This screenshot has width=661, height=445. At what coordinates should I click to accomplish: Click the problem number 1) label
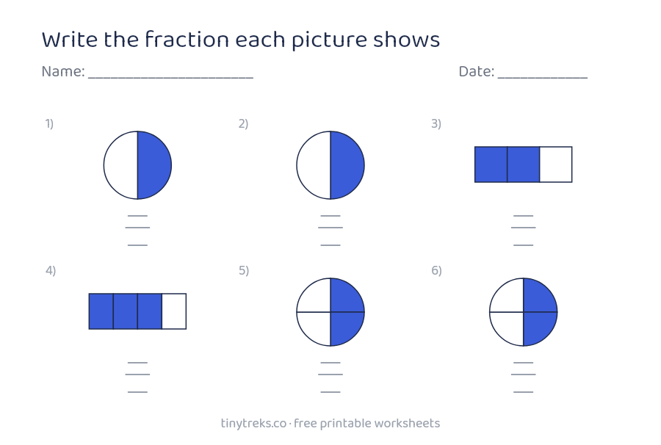[49, 123]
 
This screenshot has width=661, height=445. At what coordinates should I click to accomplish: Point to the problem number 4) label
[51, 270]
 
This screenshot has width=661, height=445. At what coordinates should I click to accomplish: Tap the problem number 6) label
[436, 270]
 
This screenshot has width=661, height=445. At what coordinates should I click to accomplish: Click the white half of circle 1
[120, 165]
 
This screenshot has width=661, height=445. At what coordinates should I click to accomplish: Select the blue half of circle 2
[347, 165]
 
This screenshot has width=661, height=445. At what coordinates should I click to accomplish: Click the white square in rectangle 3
[556, 164]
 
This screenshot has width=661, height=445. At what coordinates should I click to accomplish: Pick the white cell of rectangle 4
[174, 311]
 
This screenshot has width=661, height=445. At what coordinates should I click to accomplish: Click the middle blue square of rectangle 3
[523, 164]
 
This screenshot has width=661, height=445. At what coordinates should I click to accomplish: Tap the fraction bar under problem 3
[523, 228]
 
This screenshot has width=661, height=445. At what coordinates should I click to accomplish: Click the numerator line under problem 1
[137, 216]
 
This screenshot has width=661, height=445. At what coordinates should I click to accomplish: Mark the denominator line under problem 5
[330, 392]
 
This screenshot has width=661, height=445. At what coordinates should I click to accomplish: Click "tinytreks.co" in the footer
[253, 424]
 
